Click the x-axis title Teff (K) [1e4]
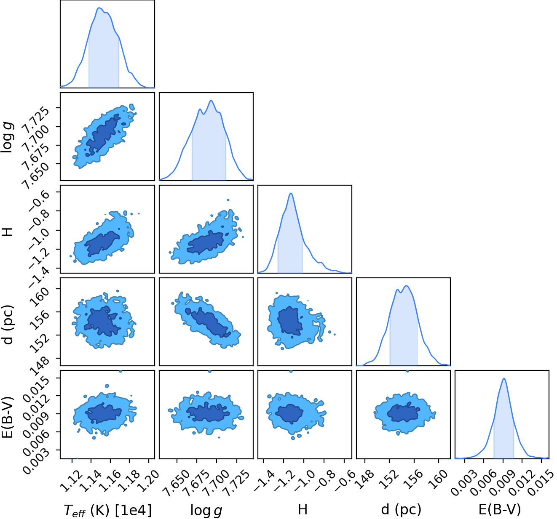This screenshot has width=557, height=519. [108, 510]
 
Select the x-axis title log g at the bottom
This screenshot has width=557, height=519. [206, 510]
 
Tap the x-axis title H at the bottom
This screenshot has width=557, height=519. [303, 509]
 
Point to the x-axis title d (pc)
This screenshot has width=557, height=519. [401, 510]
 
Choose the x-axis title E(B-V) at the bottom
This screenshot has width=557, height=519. [500, 509]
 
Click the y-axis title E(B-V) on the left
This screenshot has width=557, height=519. [8, 417]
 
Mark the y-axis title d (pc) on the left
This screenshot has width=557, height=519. [8, 325]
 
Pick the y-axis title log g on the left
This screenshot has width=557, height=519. [8, 137]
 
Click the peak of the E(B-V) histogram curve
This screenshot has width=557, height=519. [504, 378]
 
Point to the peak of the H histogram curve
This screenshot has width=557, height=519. [291, 193]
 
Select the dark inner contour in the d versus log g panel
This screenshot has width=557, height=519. [208, 322]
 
